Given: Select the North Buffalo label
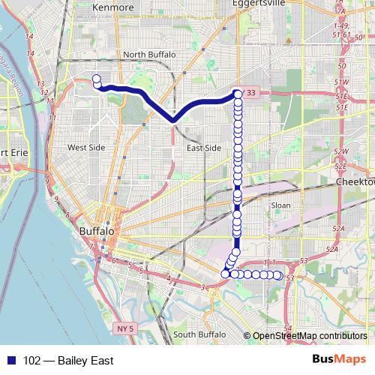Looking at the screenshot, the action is pos(149,55).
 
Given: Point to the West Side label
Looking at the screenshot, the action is pos(87,148).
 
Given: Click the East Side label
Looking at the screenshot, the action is pos(203,148).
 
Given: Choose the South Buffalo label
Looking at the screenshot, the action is pos(199,334).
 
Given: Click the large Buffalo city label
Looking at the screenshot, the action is pos(97,232).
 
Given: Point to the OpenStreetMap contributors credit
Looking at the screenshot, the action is pos(309,335).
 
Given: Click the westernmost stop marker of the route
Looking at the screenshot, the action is pos(96,78).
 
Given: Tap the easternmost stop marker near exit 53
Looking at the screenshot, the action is pos(278,276).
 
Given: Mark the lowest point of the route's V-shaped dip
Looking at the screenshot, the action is pos(172,118).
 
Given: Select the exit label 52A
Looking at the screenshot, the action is pos(337,229).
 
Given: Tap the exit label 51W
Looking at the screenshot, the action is pos(343,81).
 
